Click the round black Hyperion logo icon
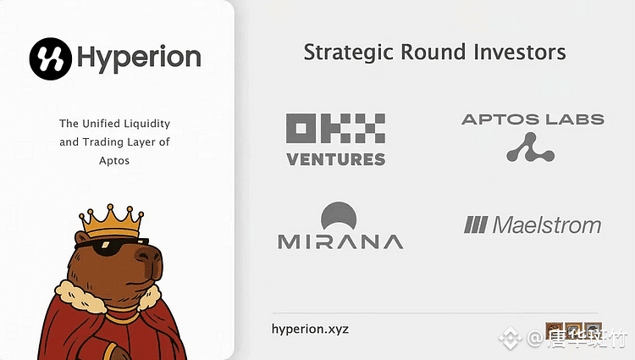coord(51,58)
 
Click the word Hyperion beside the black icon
coord(139,58)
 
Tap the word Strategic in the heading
coord(348,53)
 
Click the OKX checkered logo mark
coord(336,128)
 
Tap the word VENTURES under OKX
coord(336,159)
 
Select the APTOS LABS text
coord(533,119)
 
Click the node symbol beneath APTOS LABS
coord(530,148)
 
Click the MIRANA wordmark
coord(340,241)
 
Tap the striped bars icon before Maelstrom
coord(476,224)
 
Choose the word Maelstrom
coord(547,224)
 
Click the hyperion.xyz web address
coord(310,329)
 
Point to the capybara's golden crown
coord(112,221)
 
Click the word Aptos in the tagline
coord(114,161)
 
